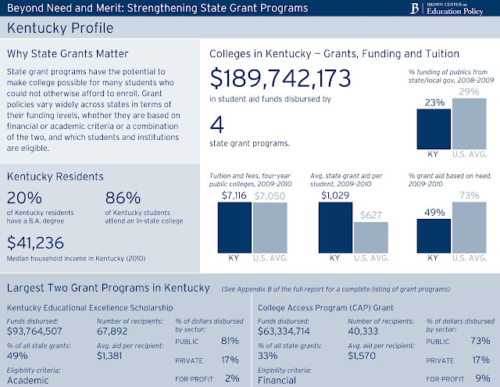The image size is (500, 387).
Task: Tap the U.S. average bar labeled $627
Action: [370, 236]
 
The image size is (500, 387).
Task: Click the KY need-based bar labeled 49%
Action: [434, 235]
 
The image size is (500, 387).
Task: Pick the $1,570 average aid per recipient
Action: [363, 355]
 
